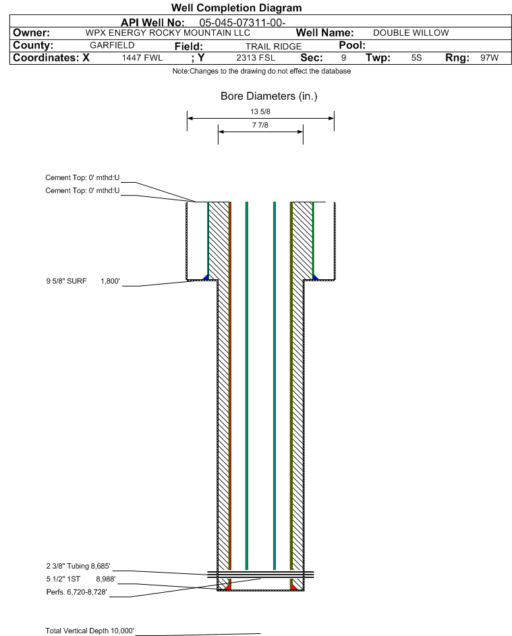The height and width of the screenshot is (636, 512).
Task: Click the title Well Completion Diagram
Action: tap(236, 8)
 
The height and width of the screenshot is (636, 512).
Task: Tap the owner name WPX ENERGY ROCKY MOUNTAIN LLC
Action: tap(168, 33)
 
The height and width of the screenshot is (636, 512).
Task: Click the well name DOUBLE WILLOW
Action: tap(411, 33)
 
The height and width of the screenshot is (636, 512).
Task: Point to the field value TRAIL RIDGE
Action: tap(273, 46)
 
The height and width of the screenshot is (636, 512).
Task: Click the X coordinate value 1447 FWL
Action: tap(142, 58)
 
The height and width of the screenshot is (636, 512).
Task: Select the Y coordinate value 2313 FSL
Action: tap(256, 58)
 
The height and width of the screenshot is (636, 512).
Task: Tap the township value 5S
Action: tap(416, 58)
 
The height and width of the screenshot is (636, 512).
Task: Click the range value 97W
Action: tap(489, 58)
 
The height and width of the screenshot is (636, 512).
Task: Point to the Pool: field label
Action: tap(351, 45)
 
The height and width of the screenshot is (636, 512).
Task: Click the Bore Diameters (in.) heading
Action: tap(268, 96)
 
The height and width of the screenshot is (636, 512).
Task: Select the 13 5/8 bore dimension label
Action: tap(260, 112)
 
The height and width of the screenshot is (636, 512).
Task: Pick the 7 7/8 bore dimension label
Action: tap(260, 126)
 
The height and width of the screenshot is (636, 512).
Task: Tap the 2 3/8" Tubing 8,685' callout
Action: tap(78, 567)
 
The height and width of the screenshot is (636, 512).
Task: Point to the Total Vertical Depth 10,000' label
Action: tap(90, 631)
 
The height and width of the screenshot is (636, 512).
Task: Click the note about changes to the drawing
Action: tap(261, 71)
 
